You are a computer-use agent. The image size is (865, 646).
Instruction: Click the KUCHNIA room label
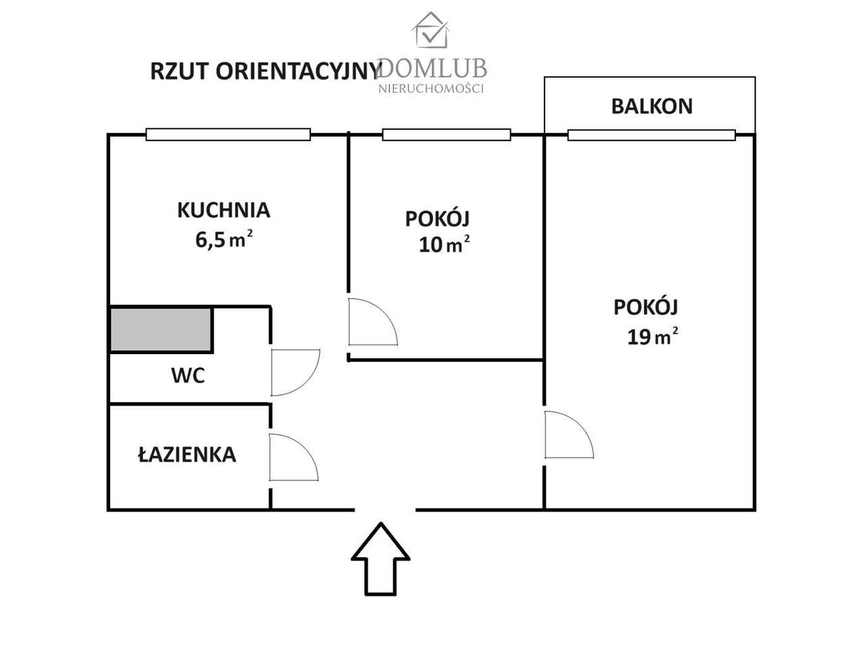click(x=223, y=210)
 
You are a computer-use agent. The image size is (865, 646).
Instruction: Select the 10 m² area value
click(x=443, y=244)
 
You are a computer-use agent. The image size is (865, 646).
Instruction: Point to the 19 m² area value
click(x=651, y=336)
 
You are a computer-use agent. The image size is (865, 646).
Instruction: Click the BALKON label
click(x=651, y=106)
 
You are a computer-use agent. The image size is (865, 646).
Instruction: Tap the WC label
click(x=188, y=375)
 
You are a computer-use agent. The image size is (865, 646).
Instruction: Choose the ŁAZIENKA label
click(x=187, y=455)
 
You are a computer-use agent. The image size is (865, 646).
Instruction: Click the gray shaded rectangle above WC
click(x=161, y=330)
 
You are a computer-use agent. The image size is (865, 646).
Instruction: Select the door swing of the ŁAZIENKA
click(x=291, y=457)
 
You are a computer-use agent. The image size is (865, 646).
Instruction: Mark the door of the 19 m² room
click(x=568, y=434)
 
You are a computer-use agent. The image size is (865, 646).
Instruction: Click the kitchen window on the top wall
click(x=228, y=134)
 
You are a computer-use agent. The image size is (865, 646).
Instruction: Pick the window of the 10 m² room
click(x=446, y=134)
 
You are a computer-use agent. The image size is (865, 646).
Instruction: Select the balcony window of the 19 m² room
click(x=651, y=135)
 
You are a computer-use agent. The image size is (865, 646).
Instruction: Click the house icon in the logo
click(x=431, y=31)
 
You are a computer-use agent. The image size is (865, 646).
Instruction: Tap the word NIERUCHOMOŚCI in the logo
click(x=431, y=89)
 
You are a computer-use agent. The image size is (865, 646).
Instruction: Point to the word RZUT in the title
click(x=177, y=71)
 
